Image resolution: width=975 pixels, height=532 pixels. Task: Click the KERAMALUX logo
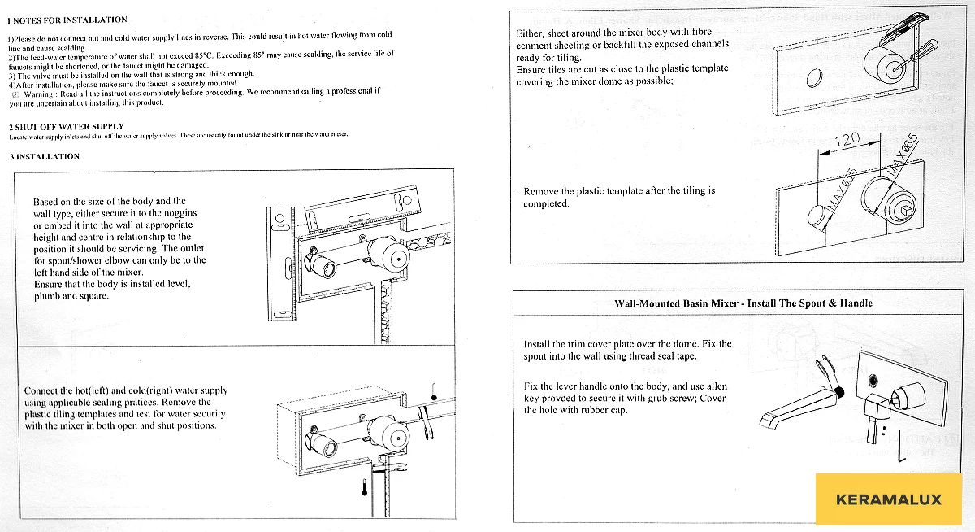pos(888,499)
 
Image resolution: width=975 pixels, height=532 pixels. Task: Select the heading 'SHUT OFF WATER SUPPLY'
pos(70,127)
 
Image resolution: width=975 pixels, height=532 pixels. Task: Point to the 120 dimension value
pos(847,140)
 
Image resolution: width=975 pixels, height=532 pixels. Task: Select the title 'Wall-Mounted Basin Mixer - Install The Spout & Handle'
pos(743,303)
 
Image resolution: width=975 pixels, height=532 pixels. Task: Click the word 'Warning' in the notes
pos(40,93)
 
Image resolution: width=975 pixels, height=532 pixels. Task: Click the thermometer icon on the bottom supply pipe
pos(365,487)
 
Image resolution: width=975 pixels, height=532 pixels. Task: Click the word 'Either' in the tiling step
pos(531,33)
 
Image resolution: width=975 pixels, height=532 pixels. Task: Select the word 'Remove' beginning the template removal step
pos(541,191)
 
